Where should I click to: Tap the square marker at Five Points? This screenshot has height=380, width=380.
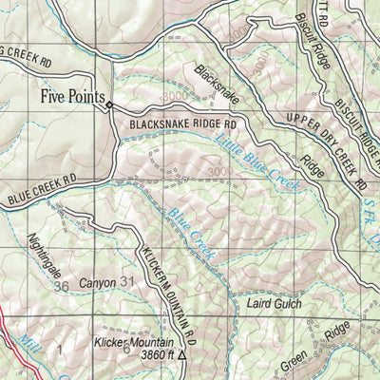pos(110,105)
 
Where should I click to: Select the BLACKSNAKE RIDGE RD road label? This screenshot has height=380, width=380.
pos(183,123)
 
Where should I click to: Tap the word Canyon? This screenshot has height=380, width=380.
pos(97,283)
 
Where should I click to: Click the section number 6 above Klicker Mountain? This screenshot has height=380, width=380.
pos(125,349)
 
